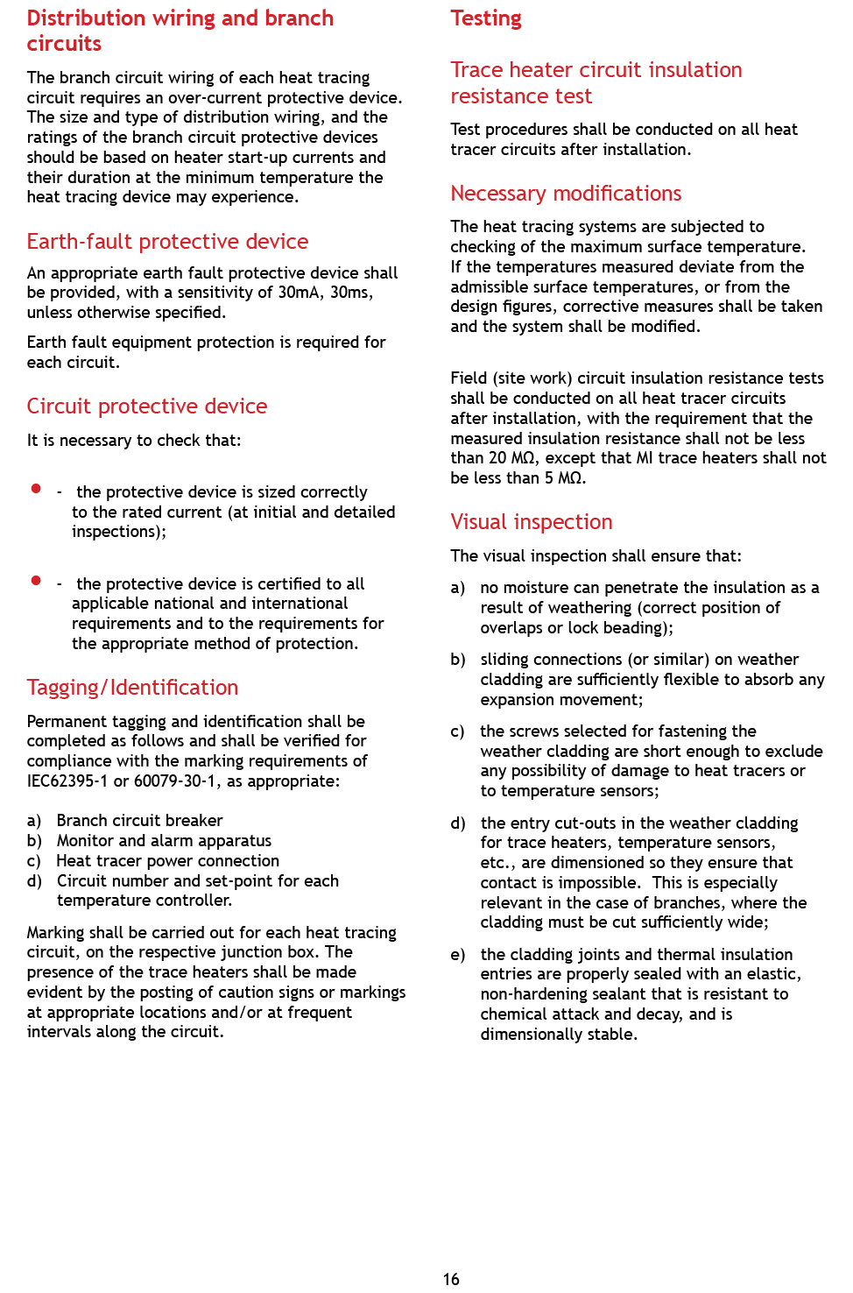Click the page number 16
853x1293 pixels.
(x=451, y=1279)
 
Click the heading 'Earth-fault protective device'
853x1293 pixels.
(x=167, y=242)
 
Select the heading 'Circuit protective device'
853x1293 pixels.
(x=146, y=406)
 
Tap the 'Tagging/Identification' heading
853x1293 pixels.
(x=132, y=688)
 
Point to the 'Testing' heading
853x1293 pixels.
(x=486, y=18)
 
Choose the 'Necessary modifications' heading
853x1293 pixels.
(x=566, y=194)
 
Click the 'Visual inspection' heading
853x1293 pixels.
(x=531, y=522)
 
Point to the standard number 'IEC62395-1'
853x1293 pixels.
(x=67, y=781)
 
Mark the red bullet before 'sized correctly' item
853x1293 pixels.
(x=36, y=489)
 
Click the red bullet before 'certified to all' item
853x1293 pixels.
(x=36, y=581)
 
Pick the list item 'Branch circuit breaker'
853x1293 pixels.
(x=139, y=821)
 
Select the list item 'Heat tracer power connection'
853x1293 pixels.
(x=167, y=861)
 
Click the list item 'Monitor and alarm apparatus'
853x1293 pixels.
(x=164, y=841)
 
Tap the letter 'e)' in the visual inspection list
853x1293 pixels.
(x=458, y=955)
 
